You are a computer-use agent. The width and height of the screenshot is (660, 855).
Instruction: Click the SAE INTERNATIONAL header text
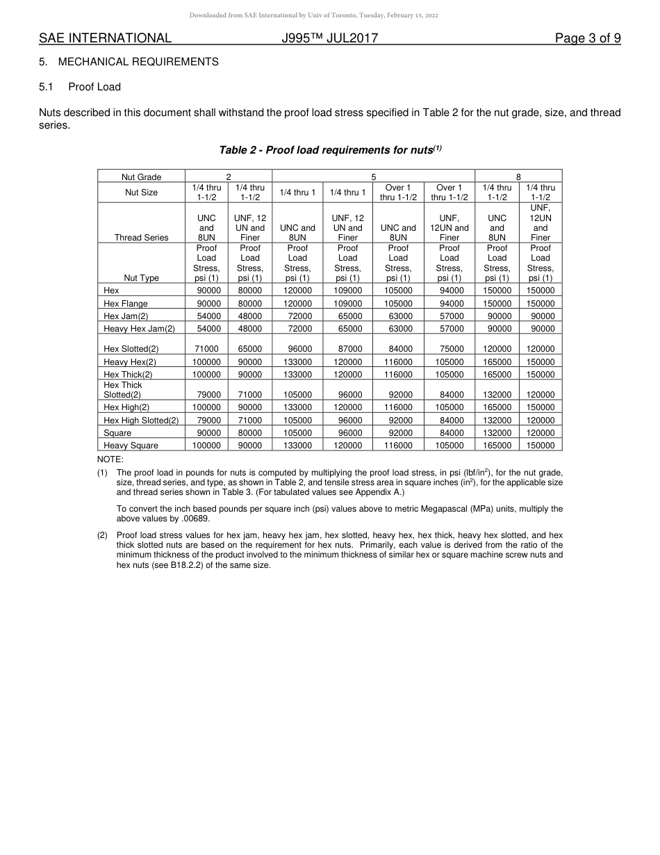tap(105, 38)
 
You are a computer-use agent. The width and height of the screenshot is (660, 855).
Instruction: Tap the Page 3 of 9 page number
tap(588, 38)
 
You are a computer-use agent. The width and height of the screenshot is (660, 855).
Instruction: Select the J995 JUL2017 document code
tap(330, 38)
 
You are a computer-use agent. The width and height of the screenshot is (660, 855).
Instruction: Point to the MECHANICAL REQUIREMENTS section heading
tap(138, 62)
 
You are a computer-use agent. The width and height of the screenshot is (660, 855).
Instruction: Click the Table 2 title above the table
tap(330, 149)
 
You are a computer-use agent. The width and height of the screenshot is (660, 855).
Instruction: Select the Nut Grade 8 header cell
tap(518, 177)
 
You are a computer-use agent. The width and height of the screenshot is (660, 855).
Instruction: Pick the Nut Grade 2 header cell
tap(228, 177)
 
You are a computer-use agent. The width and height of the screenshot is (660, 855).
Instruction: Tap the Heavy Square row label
tap(131, 445)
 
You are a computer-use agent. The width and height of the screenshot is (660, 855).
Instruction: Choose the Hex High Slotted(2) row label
tap(141, 420)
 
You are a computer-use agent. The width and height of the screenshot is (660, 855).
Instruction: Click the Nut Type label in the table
tap(141, 277)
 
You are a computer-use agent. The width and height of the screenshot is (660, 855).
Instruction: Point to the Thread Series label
tap(141, 237)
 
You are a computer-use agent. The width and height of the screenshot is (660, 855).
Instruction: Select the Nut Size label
tap(141, 192)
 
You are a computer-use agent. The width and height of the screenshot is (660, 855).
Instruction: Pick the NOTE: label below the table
tap(110, 459)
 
